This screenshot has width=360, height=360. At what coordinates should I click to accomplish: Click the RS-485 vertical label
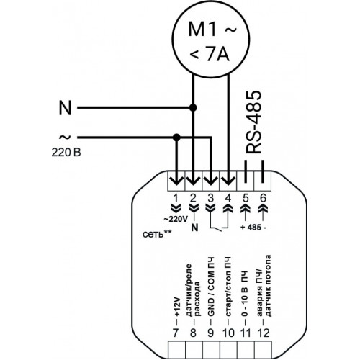pos(253,122)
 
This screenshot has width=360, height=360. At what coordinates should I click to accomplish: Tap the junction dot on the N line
pos(193,108)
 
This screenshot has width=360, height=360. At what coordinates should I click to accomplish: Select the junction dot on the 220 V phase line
pos(176,138)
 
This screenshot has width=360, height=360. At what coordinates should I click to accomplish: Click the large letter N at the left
pos(65,108)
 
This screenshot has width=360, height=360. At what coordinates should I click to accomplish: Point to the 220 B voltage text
pos(66,153)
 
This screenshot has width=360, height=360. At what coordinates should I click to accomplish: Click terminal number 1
pos(176,199)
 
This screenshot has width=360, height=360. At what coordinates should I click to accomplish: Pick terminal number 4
pos(228,199)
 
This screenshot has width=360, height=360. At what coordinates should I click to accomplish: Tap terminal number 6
pos(263,199)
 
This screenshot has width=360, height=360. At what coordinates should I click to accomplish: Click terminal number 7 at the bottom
pos(176,333)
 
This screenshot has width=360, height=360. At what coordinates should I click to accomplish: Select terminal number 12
pos(264,333)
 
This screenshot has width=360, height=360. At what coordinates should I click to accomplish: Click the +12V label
pos(176,307)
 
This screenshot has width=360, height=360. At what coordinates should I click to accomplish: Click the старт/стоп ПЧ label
pos(228,287)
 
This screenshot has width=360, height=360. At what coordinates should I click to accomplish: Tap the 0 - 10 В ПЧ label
pos(245,294)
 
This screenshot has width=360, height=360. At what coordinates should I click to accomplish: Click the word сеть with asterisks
pos(157,234)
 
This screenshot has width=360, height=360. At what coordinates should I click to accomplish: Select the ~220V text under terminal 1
pos(176,219)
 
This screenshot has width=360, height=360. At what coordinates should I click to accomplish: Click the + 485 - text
pos(253,227)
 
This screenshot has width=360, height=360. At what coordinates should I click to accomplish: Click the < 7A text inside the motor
pos(210,55)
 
